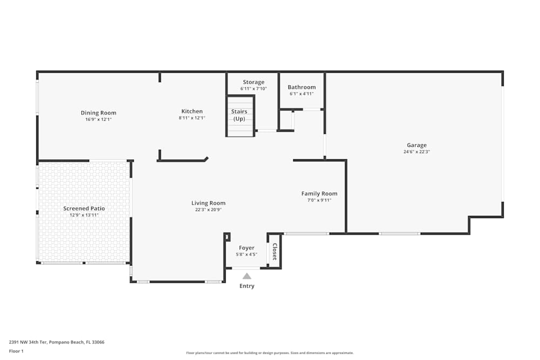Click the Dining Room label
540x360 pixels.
coord(99,113)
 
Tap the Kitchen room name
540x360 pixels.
coord(192,111)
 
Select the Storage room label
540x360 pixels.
coord(253,83)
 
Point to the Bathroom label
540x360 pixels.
coord(301,87)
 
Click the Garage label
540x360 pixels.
coord(416,145)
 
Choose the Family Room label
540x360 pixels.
coord(319,194)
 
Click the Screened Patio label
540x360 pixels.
coord(84,208)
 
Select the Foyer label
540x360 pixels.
coord(246,248)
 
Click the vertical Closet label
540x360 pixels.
coord(274,252)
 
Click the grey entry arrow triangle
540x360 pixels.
coord(247,276)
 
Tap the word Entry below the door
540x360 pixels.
coord(247,286)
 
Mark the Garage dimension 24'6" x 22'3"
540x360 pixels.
coord(416,152)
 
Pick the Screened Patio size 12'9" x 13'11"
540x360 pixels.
coord(84,215)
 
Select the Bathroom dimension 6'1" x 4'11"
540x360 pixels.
coord(301,94)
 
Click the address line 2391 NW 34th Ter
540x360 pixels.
coord(57,342)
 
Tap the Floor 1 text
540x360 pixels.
coord(16,351)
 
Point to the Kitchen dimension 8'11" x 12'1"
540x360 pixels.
coord(192,118)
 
